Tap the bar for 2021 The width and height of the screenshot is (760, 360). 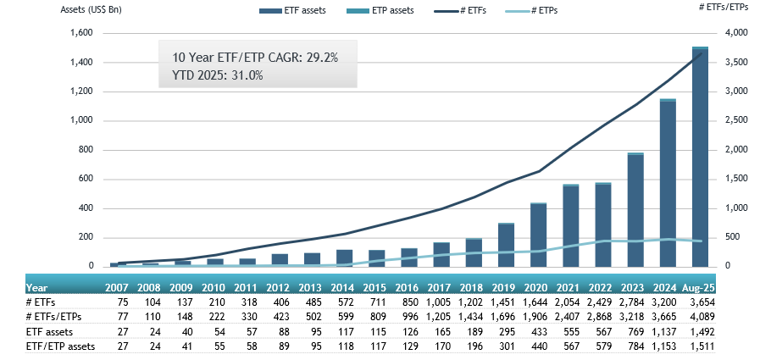(x=571, y=225)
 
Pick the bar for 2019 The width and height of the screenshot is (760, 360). (x=506, y=245)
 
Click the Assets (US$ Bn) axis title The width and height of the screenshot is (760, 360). (x=93, y=10)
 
